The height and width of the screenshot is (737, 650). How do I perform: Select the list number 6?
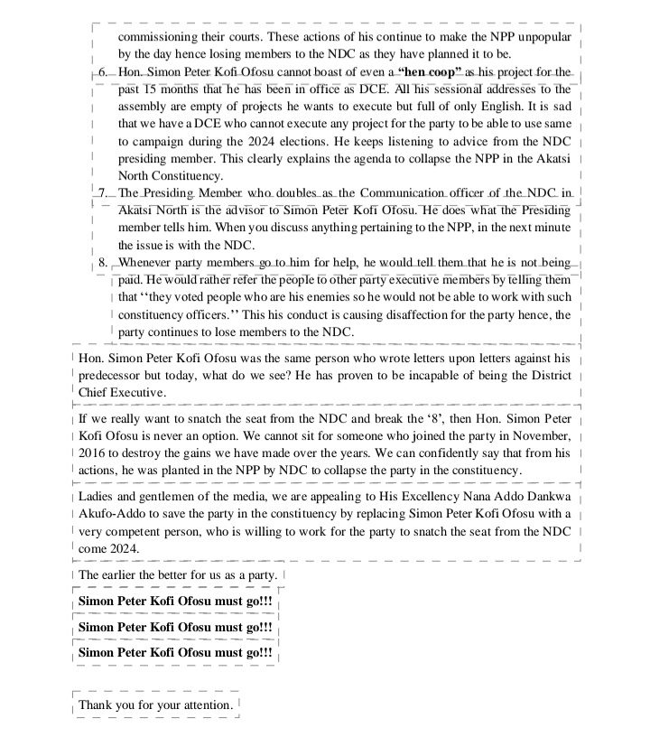(102, 71)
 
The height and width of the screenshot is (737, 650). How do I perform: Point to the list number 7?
(102, 193)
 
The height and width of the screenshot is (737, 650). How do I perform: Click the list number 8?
(102, 263)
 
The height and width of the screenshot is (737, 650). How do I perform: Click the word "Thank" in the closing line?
(97, 704)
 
